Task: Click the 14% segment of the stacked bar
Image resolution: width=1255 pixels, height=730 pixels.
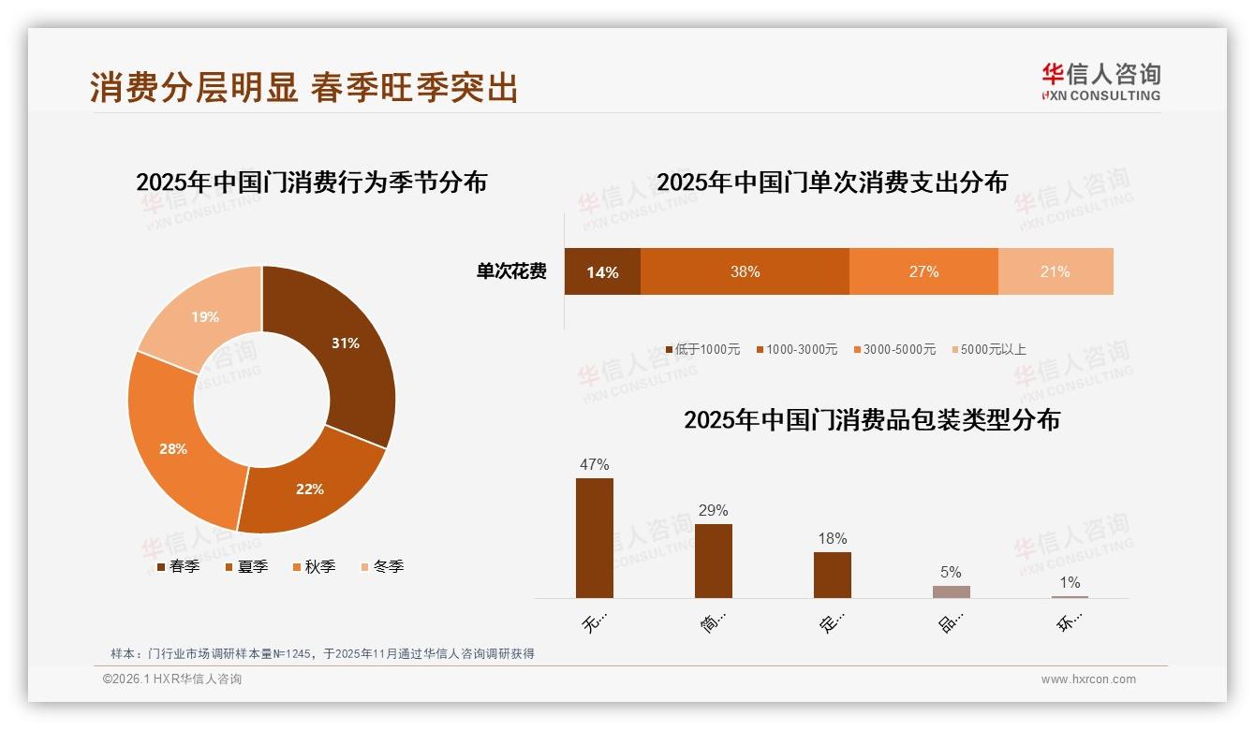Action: pyautogui.click(x=602, y=271)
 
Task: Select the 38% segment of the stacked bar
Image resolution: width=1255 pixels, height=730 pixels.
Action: pyautogui.click(x=745, y=271)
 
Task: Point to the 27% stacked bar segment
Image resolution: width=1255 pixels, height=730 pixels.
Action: pyautogui.click(x=923, y=271)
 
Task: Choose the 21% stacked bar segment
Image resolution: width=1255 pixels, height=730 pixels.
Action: pyautogui.click(x=1056, y=271)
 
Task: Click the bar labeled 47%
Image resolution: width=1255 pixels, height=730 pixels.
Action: pyautogui.click(x=595, y=538)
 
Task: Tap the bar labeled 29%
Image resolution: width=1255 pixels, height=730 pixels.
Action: pyautogui.click(x=714, y=561)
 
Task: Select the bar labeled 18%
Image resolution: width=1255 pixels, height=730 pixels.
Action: pyautogui.click(x=833, y=575)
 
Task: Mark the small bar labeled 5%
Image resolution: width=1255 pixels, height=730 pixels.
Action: pyautogui.click(x=951, y=591)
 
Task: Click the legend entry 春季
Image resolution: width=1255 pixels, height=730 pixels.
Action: pyautogui.click(x=178, y=566)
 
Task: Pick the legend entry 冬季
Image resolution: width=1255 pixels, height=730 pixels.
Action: pyautogui.click(x=382, y=566)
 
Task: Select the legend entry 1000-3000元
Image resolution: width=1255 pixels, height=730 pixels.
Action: pyautogui.click(x=796, y=349)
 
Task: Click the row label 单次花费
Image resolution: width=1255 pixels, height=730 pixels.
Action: pyautogui.click(x=511, y=272)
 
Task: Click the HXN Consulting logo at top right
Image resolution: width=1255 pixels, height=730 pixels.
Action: pyautogui.click(x=1100, y=81)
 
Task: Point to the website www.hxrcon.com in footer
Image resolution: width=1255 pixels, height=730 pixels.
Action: pyautogui.click(x=1088, y=679)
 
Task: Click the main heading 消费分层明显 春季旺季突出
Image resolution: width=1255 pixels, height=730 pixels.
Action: pyautogui.click(x=304, y=87)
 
